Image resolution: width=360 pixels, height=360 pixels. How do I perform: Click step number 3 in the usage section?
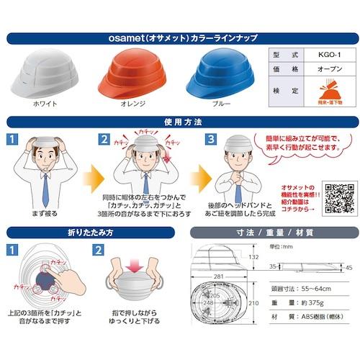pyautogui.click(x=210, y=138)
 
